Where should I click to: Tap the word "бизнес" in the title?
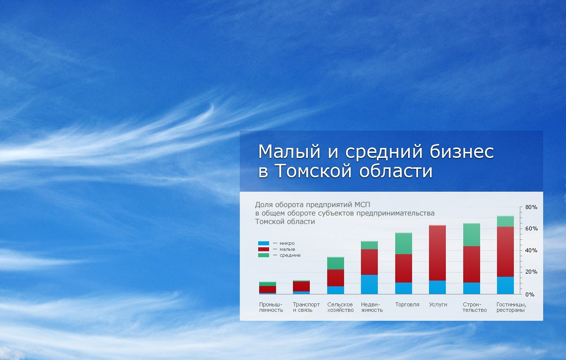[x=462, y=151]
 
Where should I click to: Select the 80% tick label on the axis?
[x=531, y=207]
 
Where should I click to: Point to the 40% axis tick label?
[x=531, y=250]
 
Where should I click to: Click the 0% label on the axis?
[x=530, y=294]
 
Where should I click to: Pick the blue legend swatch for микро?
[x=264, y=243]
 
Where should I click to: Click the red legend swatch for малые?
[x=264, y=249]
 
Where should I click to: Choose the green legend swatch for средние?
[x=264, y=255]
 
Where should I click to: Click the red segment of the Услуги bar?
[x=437, y=253]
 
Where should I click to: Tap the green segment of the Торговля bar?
[x=404, y=243]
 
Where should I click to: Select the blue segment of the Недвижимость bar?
[x=369, y=285]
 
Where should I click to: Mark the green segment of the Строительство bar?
[x=472, y=235]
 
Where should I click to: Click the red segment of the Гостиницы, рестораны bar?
[x=505, y=252]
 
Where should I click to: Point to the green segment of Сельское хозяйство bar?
[x=336, y=263]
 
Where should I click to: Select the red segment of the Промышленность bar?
[x=268, y=289]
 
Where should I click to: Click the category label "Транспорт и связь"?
[x=306, y=307]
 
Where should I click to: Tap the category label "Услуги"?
[x=438, y=304]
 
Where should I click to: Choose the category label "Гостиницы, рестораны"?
[x=511, y=307]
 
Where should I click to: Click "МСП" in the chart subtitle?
[x=362, y=205]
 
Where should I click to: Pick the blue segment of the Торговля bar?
[x=404, y=288]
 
